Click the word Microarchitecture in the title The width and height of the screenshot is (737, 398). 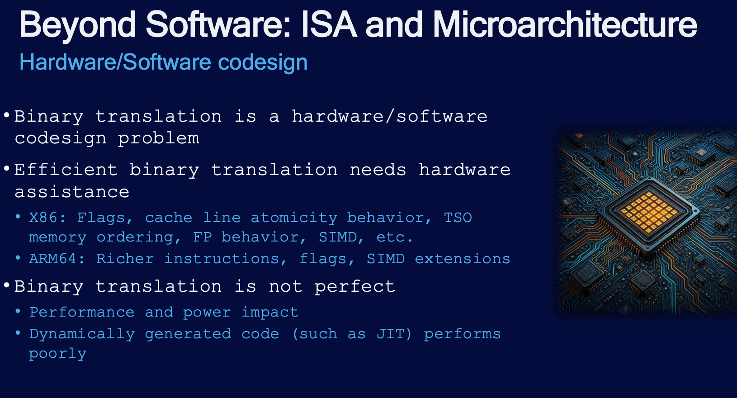565,25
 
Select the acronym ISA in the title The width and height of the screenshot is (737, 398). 329,25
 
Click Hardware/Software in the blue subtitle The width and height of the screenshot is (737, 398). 115,62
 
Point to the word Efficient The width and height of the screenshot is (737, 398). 66,170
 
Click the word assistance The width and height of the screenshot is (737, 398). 72,192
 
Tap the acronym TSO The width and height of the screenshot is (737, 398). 458,218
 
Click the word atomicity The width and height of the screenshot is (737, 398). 294,218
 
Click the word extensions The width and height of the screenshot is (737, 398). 462,259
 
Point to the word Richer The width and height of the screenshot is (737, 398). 125,259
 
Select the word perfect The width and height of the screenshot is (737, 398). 354,287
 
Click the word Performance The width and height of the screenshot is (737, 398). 81,312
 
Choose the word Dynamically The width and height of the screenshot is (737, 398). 82,335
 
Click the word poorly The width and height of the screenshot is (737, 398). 57,354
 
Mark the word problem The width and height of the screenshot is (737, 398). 159,138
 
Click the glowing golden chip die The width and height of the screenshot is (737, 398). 648,212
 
